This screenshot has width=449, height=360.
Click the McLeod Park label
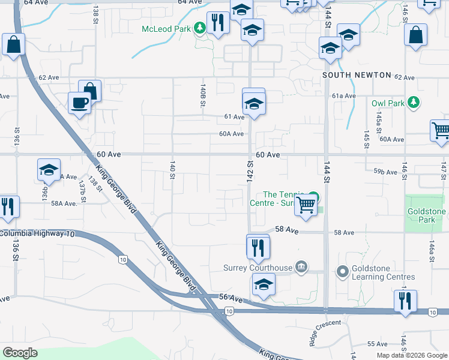click(165, 29)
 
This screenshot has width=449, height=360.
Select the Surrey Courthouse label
click(258, 268)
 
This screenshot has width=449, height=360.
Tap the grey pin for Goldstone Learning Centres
click(343, 272)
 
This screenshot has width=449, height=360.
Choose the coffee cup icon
click(79, 104)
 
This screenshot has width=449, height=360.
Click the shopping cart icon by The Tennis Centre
click(306, 205)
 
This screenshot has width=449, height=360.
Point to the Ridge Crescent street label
click(325, 332)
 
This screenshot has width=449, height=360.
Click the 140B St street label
click(203, 95)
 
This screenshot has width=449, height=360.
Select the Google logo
click(20, 352)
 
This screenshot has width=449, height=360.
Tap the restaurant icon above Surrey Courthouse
click(258, 246)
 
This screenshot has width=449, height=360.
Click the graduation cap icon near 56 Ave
click(264, 286)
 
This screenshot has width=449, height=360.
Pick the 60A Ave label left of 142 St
click(231, 134)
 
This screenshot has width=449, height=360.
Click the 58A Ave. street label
click(64, 203)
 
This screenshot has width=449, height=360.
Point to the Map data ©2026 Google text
click(411, 355)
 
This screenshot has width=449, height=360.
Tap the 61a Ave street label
click(344, 95)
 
